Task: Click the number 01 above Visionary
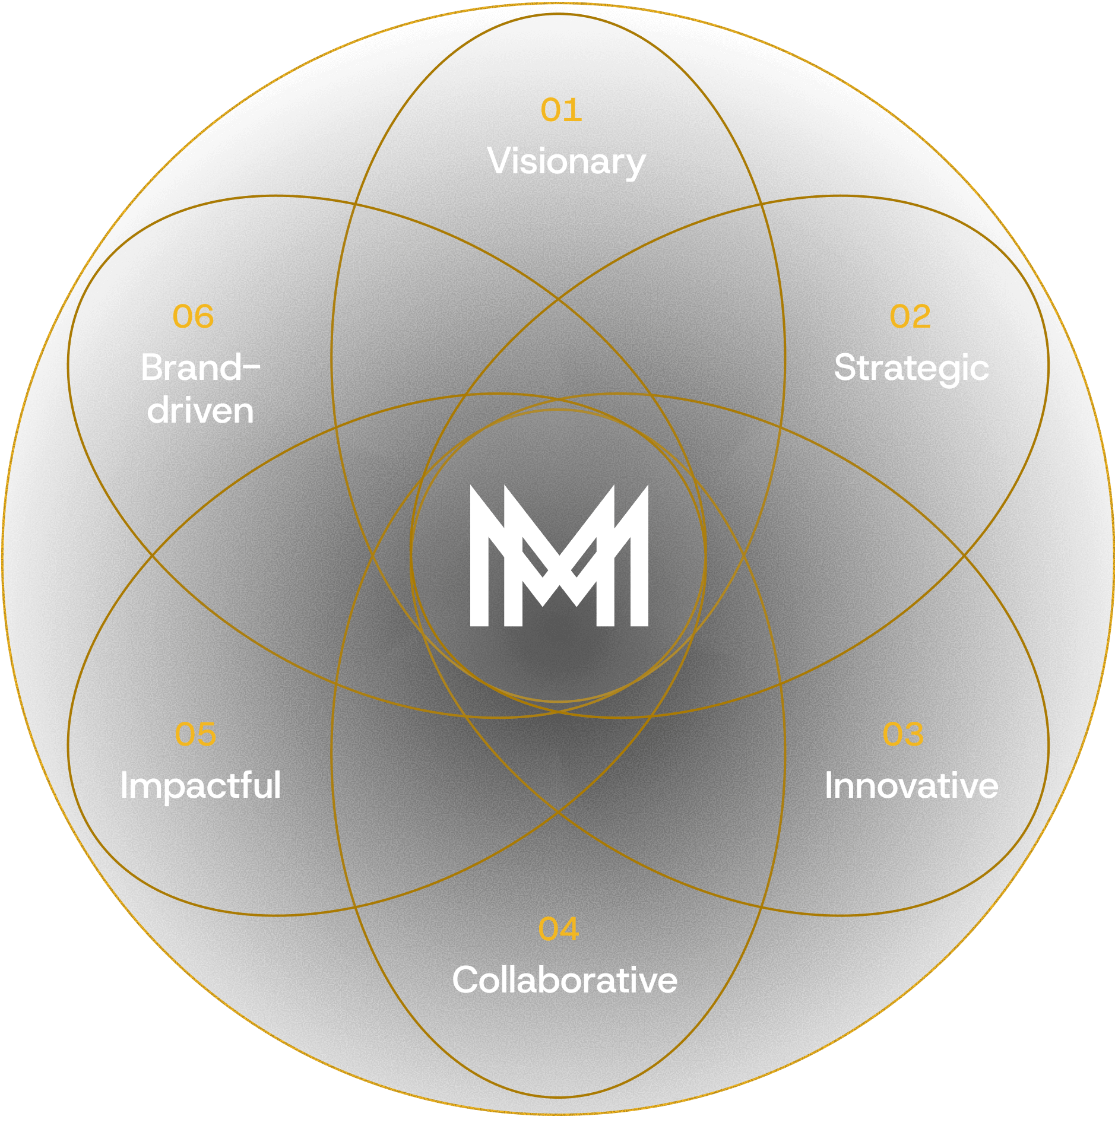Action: pos(561,110)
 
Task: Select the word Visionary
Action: pos(566,162)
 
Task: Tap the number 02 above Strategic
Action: pos(910,317)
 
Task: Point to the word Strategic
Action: pos(911,369)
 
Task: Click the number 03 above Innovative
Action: pos(903,735)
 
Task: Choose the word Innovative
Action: pos(911,786)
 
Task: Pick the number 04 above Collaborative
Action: pos(559,930)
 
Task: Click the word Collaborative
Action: pos(565,980)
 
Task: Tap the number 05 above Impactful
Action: pos(195,735)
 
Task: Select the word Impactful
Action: pos(201,786)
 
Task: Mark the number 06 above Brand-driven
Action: pos(193,317)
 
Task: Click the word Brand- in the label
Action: pos(201,367)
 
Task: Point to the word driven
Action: pos(201,411)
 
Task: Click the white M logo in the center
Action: pos(559,556)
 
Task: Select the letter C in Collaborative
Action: pos(466,980)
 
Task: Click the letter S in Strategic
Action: pos(845,367)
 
